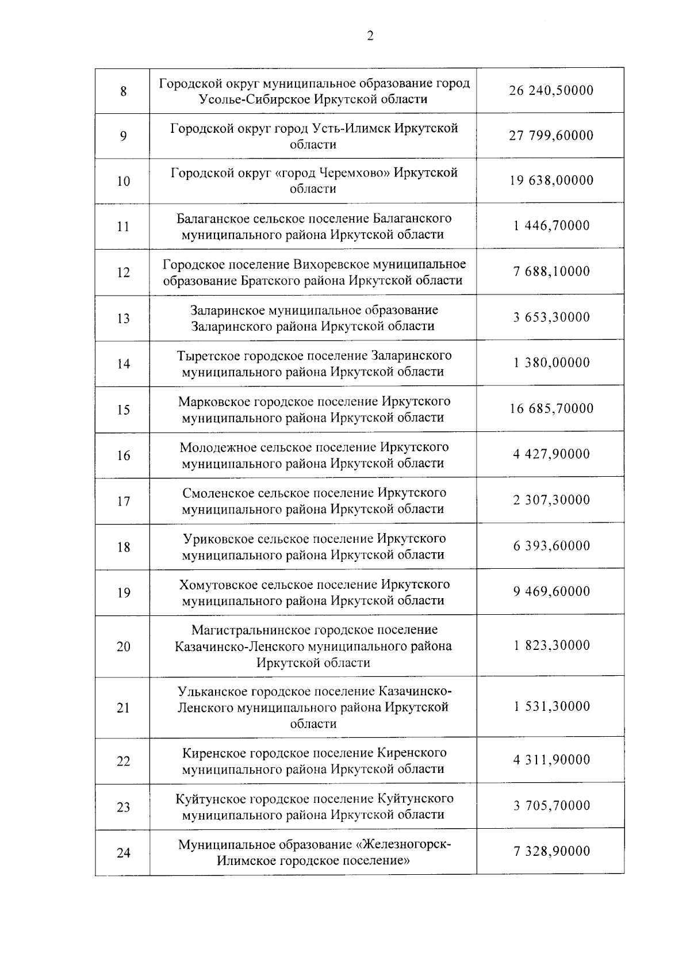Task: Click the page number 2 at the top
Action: click(x=370, y=36)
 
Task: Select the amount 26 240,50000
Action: click(x=551, y=91)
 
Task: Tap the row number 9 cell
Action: click(x=123, y=136)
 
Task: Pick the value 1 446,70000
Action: click(x=551, y=225)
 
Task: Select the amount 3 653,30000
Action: click(x=551, y=317)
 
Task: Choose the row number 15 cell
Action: click(x=123, y=410)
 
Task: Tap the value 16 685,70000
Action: click(x=551, y=409)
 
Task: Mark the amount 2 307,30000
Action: click(x=551, y=500)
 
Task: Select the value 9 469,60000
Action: click(x=551, y=592)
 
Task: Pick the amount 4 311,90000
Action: click(x=551, y=760)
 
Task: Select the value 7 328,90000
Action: click(x=551, y=852)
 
